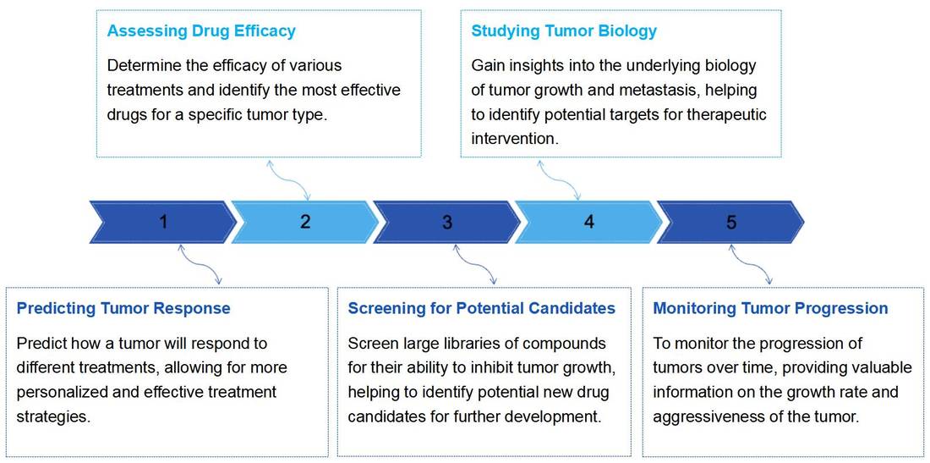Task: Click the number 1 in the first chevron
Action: (x=163, y=222)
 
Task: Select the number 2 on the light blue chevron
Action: (x=305, y=222)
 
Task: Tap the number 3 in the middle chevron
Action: (x=447, y=222)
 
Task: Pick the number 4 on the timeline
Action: (x=589, y=222)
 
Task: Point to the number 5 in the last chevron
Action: (x=731, y=222)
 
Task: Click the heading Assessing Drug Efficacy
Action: (x=201, y=31)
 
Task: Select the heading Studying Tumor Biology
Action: (x=564, y=31)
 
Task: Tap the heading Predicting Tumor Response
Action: (x=123, y=308)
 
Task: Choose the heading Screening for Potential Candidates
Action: (x=482, y=308)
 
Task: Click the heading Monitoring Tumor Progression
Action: (x=770, y=308)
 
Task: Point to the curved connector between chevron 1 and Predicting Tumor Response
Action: (x=201, y=264)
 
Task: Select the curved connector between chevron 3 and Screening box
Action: (x=475, y=264)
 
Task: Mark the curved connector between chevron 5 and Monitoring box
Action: (x=752, y=264)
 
